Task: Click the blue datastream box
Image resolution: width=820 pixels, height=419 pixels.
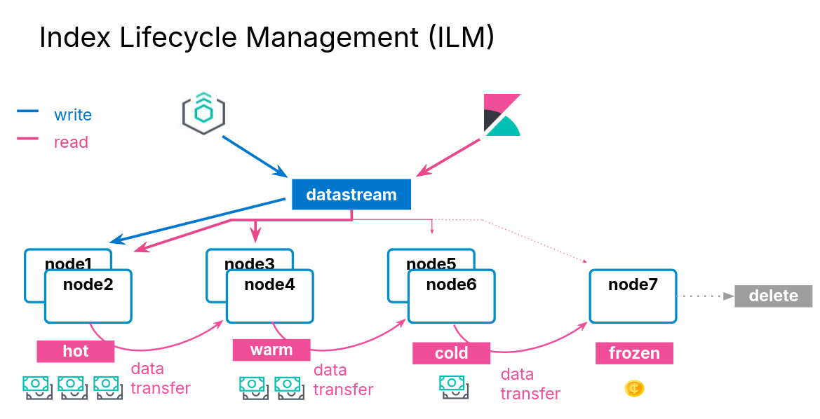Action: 351,195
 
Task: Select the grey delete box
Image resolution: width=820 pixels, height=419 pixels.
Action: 773,296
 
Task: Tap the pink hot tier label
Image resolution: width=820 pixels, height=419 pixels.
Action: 76,350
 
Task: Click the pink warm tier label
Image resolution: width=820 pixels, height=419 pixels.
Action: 271,350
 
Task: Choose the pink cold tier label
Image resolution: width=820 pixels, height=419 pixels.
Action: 451,353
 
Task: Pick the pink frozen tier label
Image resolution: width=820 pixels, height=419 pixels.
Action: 634,353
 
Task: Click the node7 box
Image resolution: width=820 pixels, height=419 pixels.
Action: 633,296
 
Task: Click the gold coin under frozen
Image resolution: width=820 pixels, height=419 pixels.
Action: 634,387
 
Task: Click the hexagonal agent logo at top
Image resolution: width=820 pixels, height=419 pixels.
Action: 203,113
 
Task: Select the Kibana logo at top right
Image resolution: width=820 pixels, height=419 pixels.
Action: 502,114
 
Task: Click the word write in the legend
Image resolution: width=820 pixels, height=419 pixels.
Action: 73,114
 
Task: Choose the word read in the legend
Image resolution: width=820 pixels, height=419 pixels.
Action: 71,142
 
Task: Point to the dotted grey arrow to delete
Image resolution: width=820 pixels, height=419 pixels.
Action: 704,296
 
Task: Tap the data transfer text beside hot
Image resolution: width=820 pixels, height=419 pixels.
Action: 161,378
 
